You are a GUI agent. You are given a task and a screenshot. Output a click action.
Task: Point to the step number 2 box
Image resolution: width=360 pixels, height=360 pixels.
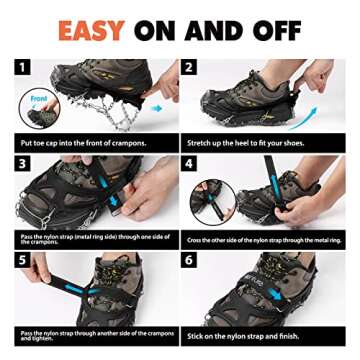tap(189, 67)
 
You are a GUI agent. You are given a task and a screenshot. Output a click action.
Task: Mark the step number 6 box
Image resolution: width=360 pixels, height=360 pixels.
tap(189, 258)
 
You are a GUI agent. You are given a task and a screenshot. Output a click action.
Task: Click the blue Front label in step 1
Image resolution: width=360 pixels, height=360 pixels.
tap(38, 98)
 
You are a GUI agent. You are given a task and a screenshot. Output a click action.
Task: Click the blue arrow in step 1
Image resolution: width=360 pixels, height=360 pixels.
tap(155, 106)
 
